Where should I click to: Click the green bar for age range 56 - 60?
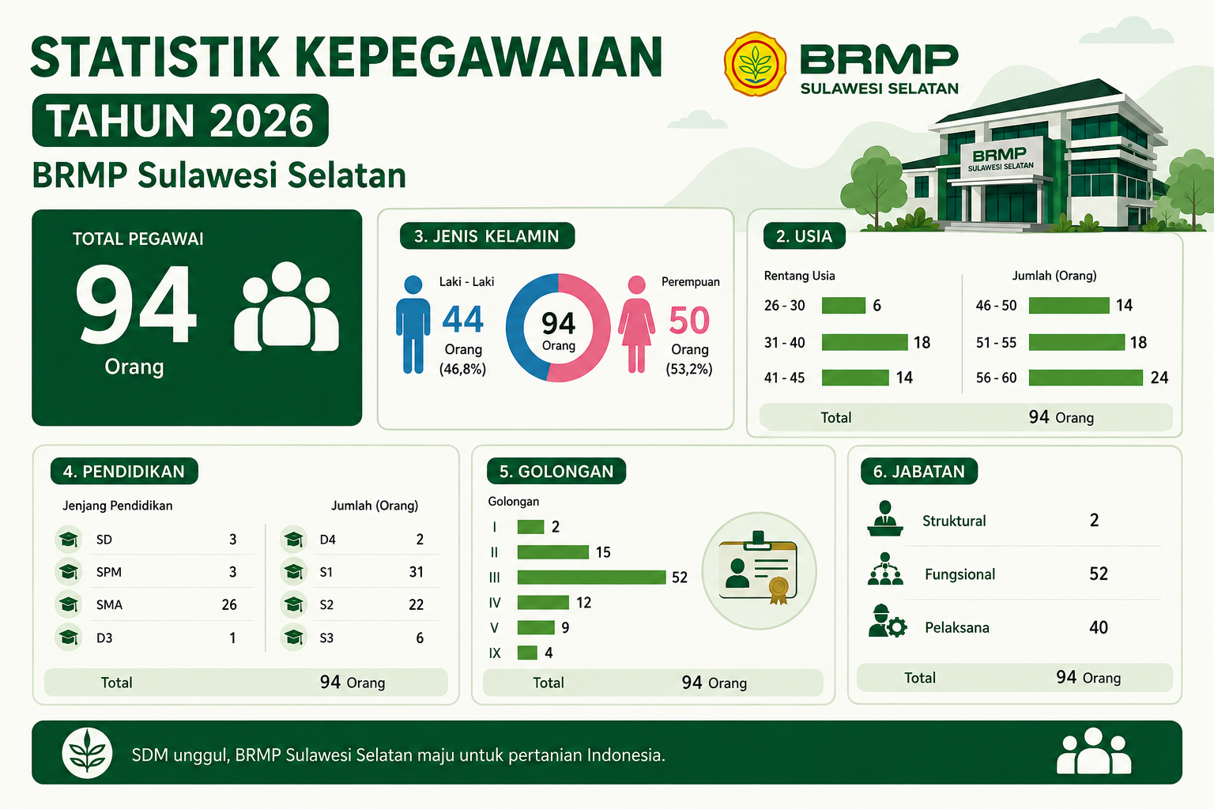pyautogui.click(x=1085, y=378)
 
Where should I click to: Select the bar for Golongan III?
pyautogui.click(x=591, y=577)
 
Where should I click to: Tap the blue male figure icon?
pyautogui.click(x=413, y=325)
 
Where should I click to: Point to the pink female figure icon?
pyautogui.click(x=636, y=325)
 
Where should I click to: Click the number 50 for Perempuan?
pyautogui.click(x=689, y=320)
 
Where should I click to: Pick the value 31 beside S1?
pyautogui.click(x=417, y=572)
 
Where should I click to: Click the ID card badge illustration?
pyautogui.click(x=759, y=570)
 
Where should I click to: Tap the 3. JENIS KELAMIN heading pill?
pyautogui.click(x=487, y=236)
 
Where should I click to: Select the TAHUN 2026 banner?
pyautogui.click(x=180, y=120)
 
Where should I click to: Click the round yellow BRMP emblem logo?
pyautogui.click(x=755, y=64)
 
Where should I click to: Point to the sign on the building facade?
pyautogui.click(x=1001, y=158)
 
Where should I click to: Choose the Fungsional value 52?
pyautogui.click(x=1099, y=574)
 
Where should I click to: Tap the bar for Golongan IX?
pyautogui.click(x=527, y=653)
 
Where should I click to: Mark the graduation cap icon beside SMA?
pyautogui.click(x=69, y=604)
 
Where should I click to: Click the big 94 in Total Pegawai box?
pyautogui.click(x=135, y=304)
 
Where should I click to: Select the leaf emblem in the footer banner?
pyautogui.click(x=87, y=753)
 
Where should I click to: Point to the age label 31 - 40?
pyautogui.click(x=784, y=342)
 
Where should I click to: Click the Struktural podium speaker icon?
pyautogui.click(x=885, y=518)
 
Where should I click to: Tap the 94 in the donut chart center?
pyautogui.click(x=558, y=323)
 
